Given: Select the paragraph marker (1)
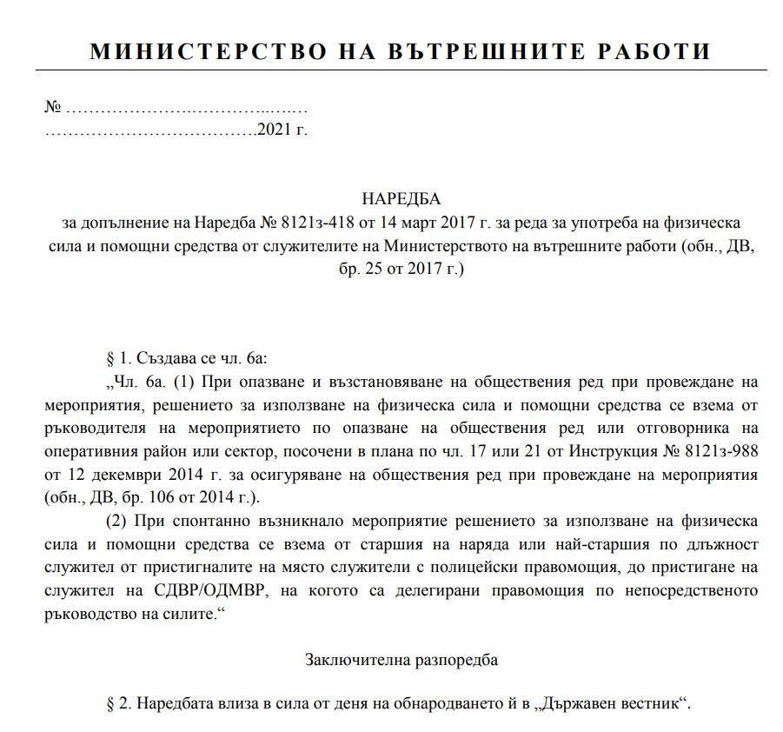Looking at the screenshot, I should [x=184, y=381].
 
